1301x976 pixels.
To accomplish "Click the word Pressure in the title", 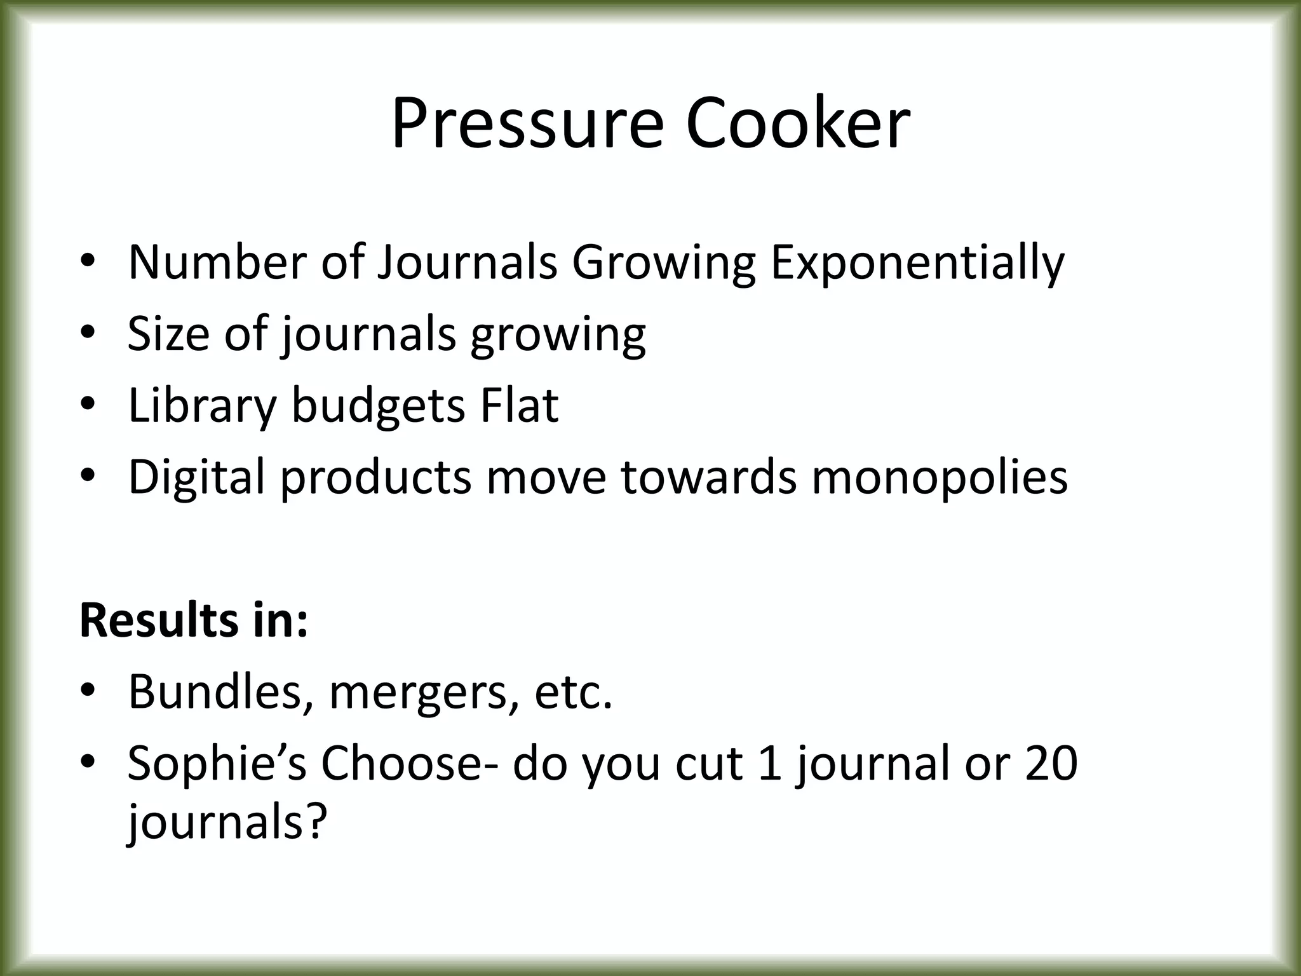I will pos(527,123).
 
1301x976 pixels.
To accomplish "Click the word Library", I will pos(203,405).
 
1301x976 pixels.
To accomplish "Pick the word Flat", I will pos(519,405).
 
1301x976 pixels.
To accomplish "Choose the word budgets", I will pos(378,405).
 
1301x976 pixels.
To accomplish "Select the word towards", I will pos(708,477).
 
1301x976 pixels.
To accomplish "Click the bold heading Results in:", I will pos(194,620).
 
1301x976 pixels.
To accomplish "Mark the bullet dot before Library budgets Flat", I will pos(88,405).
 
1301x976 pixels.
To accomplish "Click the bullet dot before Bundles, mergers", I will pos(88,691).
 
